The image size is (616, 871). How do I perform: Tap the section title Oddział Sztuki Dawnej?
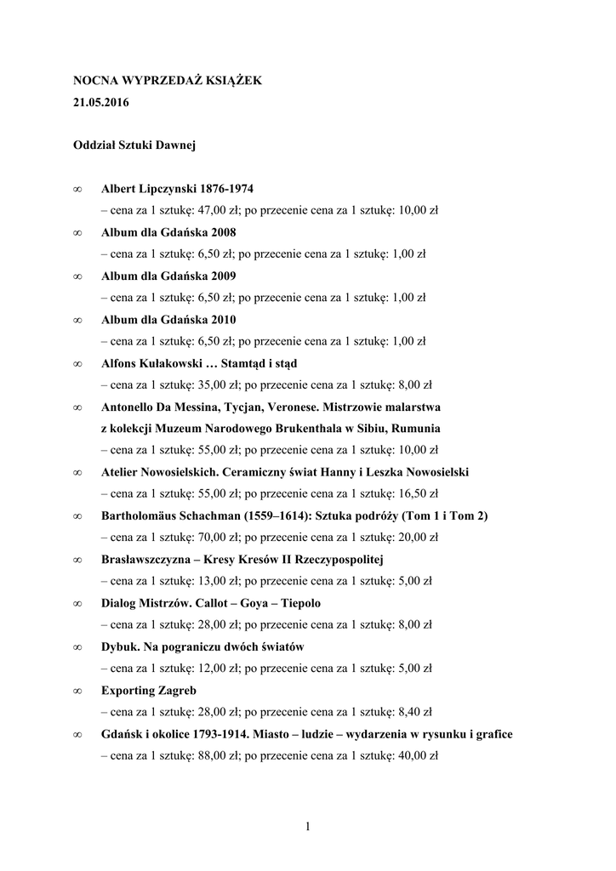tap(134, 145)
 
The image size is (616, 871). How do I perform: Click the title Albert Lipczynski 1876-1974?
tap(177, 188)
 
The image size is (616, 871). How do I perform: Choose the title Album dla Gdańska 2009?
tap(168, 276)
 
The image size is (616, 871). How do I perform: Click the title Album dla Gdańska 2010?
tap(168, 319)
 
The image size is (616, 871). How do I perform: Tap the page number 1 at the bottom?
tap(307, 825)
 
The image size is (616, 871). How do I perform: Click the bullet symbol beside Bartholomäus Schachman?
tap(77, 516)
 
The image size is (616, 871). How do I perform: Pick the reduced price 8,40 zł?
tap(414, 712)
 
